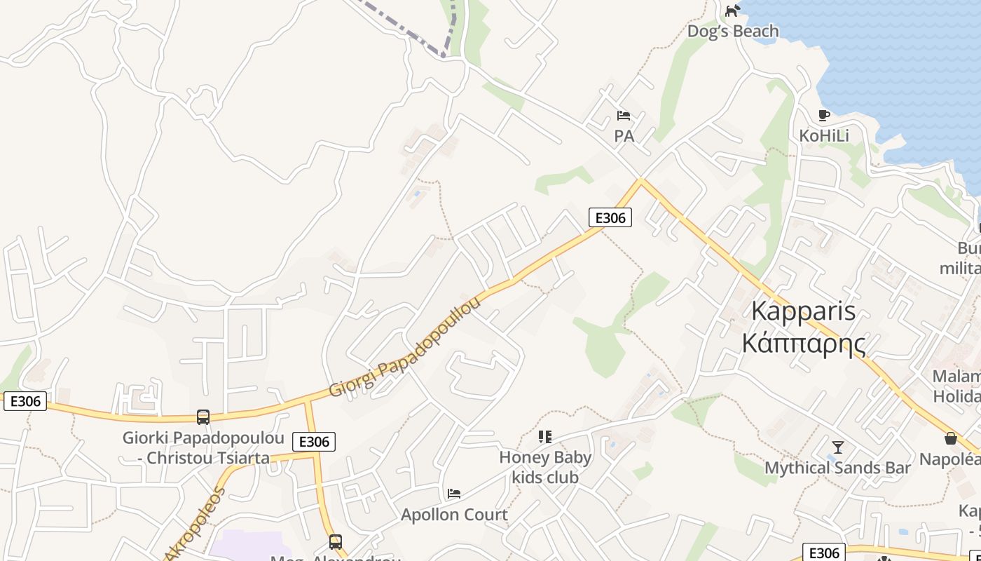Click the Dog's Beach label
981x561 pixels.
click(x=732, y=32)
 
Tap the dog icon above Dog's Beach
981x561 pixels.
click(x=732, y=11)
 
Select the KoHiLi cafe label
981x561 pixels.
click(x=824, y=135)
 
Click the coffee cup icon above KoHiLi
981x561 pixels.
click(x=824, y=115)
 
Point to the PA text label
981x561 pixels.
click(x=624, y=136)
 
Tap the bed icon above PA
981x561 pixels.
click(x=624, y=116)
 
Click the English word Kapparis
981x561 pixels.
click(x=803, y=311)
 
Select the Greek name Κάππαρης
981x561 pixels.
click(x=803, y=343)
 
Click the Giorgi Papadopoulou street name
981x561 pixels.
click(x=406, y=346)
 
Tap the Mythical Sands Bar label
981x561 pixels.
click(x=837, y=468)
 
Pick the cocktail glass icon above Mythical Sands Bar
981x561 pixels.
click(x=837, y=447)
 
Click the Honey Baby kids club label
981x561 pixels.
click(x=545, y=467)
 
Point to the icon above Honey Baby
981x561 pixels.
click(x=545, y=437)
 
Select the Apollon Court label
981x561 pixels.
click(x=454, y=515)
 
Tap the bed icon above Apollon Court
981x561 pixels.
click(x=454, y=494)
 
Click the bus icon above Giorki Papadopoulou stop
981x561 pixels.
click(x=203, y=417)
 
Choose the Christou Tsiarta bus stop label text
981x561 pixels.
click(x=203, y=459)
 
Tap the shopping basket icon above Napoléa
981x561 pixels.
click(x=951, y=438)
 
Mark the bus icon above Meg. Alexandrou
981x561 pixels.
click(x=336, y=541)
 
